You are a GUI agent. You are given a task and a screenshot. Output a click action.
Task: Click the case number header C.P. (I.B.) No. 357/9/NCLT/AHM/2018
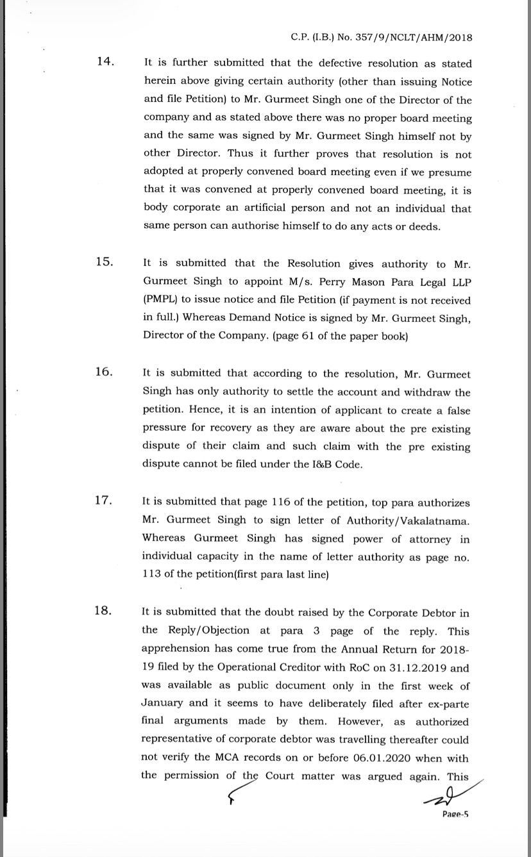coord(381,37)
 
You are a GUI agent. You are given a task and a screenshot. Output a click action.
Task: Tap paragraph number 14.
coord(105,62)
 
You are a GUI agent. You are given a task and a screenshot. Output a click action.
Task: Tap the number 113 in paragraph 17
coord(151,575)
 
